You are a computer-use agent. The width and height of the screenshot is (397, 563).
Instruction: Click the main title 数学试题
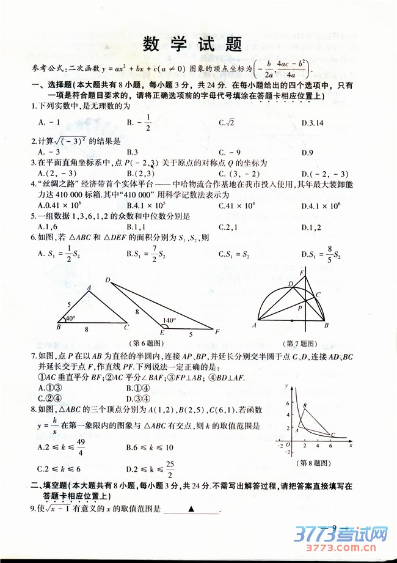click(192, 45)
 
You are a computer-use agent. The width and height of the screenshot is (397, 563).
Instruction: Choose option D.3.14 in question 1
click(312, 123)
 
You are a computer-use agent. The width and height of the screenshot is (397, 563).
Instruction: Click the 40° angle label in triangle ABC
click(70, 318)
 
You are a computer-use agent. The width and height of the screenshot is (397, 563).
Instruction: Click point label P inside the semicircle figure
click(300, 309)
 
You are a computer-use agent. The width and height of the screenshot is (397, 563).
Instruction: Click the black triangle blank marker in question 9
click(191, 509)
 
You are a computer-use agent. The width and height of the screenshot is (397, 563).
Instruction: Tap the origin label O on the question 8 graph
click(288, 444)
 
